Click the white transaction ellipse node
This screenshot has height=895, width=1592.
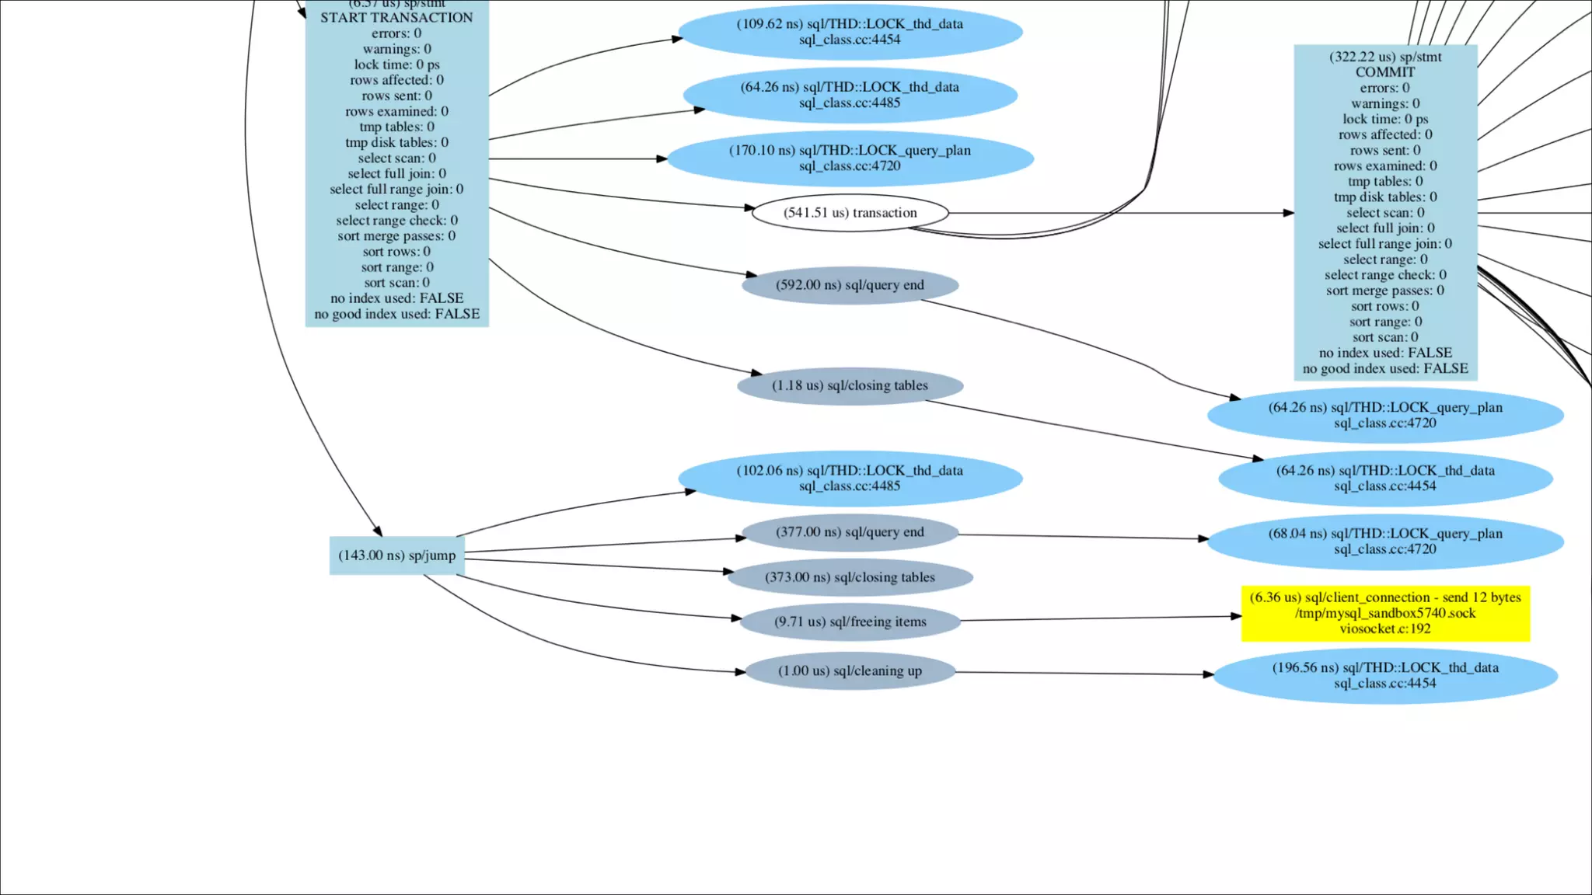pos(850,213)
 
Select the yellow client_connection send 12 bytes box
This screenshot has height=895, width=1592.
pos(1385,613)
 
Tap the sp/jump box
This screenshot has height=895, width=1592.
pos(396,555)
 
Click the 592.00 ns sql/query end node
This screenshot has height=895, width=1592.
pos(850,285)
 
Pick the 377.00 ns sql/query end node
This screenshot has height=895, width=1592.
pos(850,532)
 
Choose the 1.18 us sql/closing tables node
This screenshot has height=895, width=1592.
pos(850,385)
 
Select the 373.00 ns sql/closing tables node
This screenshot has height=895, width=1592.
pos(850,577)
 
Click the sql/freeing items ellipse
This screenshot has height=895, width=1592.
pos(850,622)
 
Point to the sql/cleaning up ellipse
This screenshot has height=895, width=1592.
pos(850,671)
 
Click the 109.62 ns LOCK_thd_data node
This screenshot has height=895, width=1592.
pos(850,32)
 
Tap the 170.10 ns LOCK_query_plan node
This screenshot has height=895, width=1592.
pos(850,158)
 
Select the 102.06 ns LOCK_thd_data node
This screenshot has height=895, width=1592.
pos(850,479)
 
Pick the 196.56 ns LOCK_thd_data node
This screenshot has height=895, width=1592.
pos(1385,676)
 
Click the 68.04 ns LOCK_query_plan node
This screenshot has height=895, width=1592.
pos(1385,542)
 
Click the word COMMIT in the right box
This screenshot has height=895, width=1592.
pos(1385,72)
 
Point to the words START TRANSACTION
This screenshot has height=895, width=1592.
pos(396,18)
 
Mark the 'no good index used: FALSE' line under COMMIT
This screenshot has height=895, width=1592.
pos(1385,368)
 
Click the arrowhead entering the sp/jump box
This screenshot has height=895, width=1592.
pos(378,531)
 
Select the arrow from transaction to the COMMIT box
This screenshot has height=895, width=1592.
pos(1119,213)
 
